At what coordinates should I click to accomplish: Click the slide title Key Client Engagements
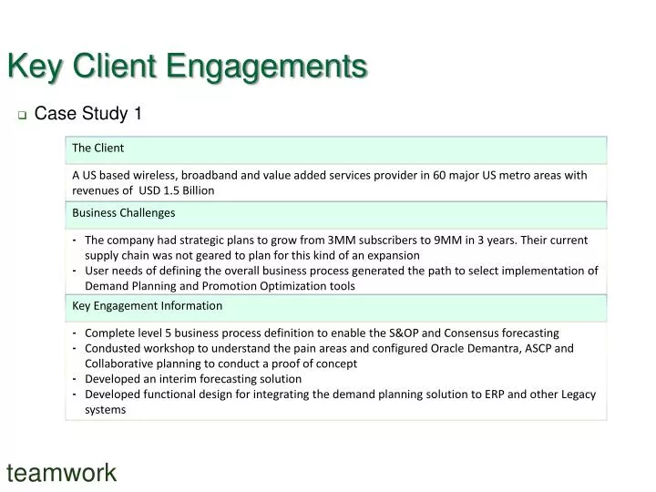(x=187, y=67)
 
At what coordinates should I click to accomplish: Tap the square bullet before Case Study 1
(x=22, y=116)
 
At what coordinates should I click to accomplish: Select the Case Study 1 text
(x=88, y=114)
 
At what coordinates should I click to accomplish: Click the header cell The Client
(x=97, y=148)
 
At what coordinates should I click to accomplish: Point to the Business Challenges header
(x=123, y=212)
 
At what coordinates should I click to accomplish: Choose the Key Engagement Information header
(x=147, y=305)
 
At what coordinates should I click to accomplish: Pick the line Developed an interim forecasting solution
(x=193, y=379)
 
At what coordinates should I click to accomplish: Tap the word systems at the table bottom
(x=105, y=410)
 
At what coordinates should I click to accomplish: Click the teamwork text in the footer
(x=62, y=473)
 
